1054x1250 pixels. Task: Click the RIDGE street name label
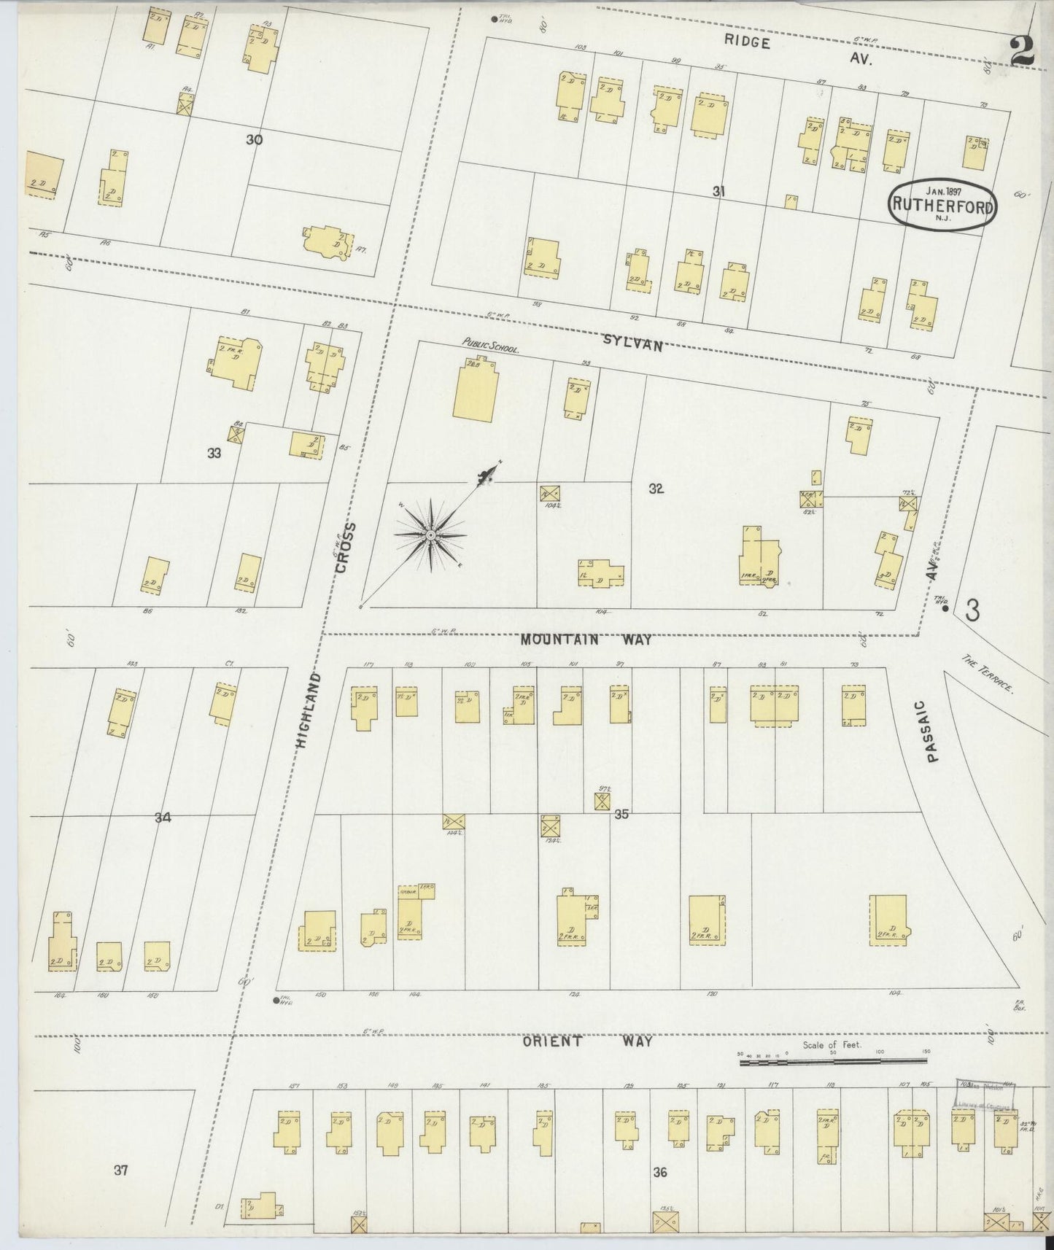tap(748, 42)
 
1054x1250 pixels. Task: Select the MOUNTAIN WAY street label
tap(586, 640)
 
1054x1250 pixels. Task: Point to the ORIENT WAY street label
tap(587, 1041)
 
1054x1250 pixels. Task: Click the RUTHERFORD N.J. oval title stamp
tap(942, 206)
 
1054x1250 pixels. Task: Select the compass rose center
tap(430, 536)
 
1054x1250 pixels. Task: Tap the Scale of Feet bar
tap(833, 1063)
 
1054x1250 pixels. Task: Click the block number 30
tap(254, 139)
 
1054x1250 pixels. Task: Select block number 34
tap(162, 818)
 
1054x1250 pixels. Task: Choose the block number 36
tap(660, 1173)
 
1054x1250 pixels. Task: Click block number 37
tap(121, 1171)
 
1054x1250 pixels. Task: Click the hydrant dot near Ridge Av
tap(494, 19)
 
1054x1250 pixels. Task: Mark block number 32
tap(656, 489)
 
